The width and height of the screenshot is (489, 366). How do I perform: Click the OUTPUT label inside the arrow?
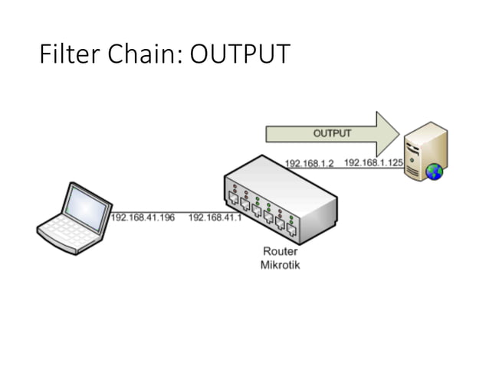332,133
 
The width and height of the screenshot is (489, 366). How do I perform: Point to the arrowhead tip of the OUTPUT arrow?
399,132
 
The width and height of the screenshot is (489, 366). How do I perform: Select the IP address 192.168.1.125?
373,163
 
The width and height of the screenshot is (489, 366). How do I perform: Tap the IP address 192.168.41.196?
143,217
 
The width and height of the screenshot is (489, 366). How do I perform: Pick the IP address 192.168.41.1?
215,217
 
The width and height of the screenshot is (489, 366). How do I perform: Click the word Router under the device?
280,251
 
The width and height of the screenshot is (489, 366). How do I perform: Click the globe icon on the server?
435,172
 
